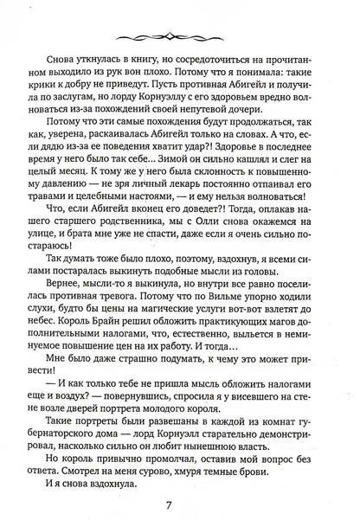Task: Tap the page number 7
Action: [x=179, y=496]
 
